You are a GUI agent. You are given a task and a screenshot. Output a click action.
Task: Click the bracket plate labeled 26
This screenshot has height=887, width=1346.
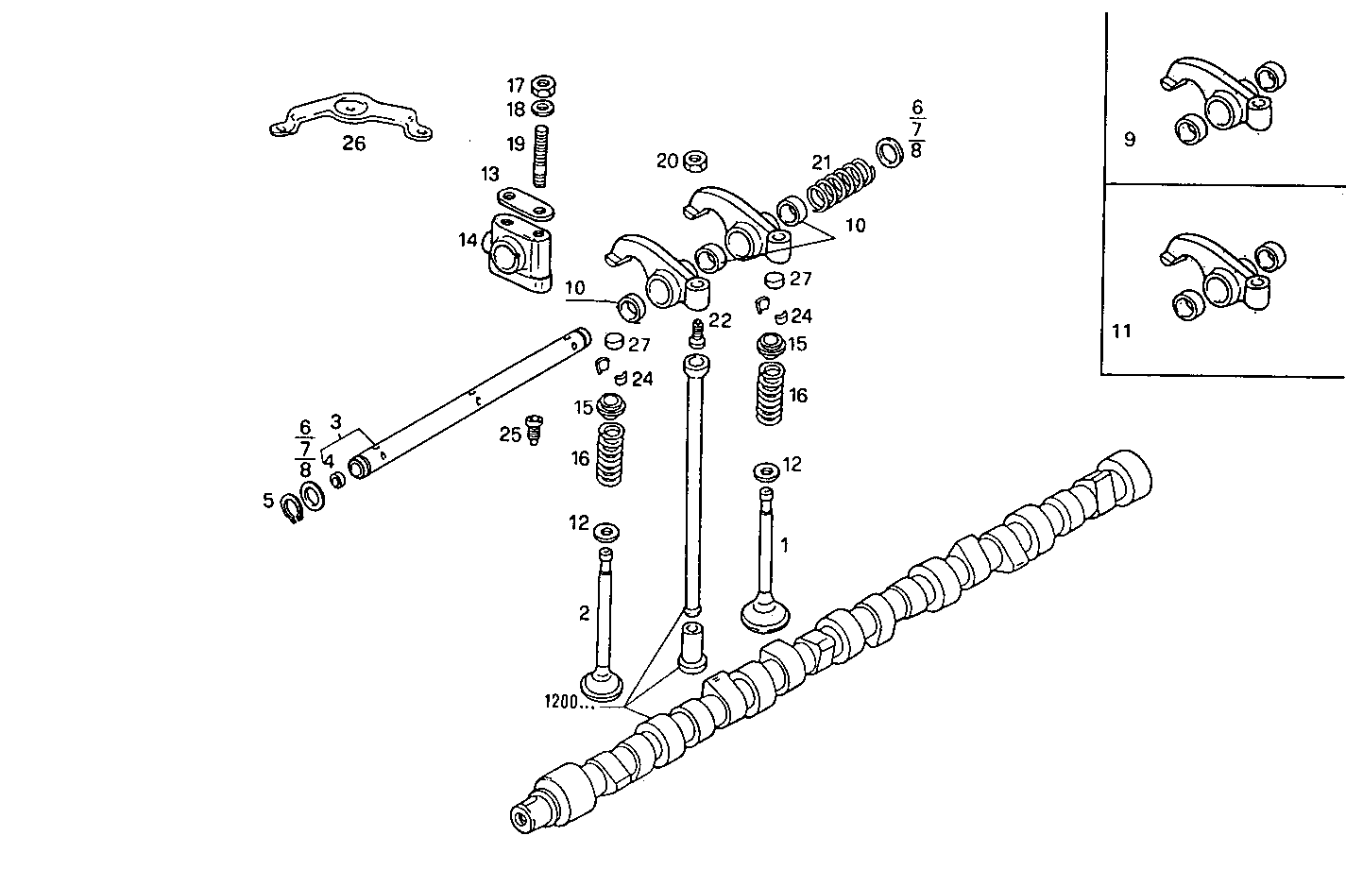pos(349,116)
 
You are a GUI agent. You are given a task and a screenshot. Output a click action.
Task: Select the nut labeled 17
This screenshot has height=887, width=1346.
pos(543,85)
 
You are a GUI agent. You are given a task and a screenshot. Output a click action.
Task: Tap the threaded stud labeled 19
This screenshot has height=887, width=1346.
pos(543,156)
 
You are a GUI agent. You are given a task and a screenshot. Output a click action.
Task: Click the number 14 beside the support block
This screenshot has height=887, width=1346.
pos(469,240)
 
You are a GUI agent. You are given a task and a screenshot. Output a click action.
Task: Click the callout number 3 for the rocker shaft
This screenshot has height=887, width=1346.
pos(335,420)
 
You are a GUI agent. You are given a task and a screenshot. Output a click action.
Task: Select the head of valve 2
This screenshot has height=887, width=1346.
pos(602,684)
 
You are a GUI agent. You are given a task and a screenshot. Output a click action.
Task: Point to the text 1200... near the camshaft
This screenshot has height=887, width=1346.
pos(570,702)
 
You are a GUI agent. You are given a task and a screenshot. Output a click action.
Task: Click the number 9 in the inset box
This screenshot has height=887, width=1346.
pos(1130,140)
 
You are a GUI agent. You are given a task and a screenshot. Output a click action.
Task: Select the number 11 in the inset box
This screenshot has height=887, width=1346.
pos(1121,332)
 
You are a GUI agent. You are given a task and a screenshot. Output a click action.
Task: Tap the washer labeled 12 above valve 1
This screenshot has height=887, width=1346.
pos(766,470)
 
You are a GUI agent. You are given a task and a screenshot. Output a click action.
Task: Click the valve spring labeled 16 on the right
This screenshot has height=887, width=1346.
pos(773,395)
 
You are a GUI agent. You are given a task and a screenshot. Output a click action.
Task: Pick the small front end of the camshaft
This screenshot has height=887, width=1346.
pos(521,818)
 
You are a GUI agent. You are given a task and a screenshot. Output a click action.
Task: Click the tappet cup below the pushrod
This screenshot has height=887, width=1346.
pos(694,646)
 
